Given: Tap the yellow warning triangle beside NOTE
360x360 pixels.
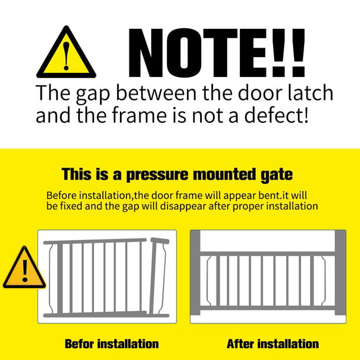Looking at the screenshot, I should coord(65,54).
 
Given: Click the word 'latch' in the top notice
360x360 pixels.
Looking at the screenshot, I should coord(305,92).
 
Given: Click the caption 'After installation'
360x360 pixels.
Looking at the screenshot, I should coord(272,343).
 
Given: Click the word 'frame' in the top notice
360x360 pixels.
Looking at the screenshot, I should coord(125,114).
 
